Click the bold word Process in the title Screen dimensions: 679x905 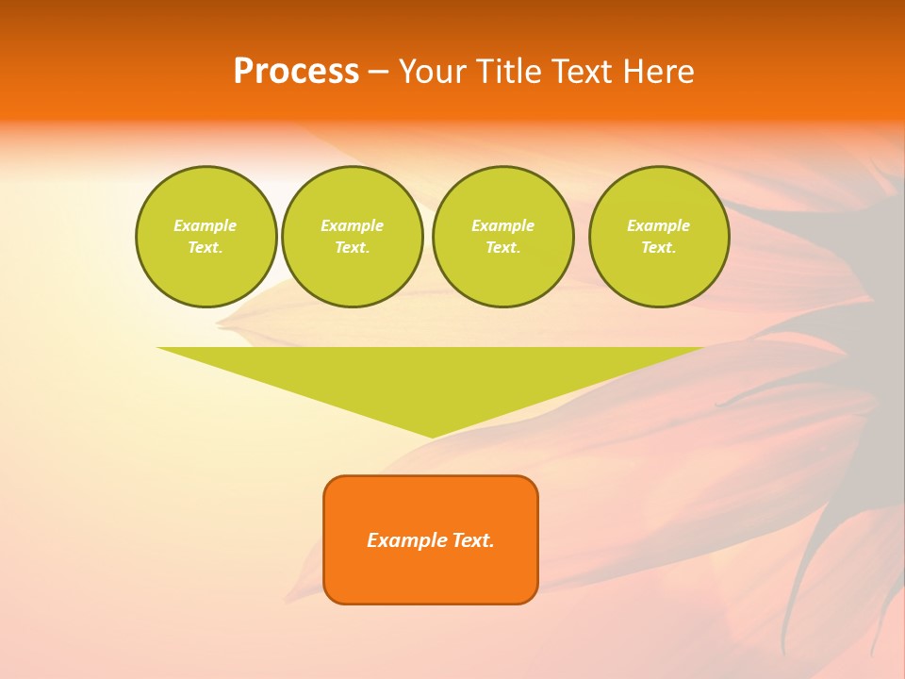[x=296, y=72]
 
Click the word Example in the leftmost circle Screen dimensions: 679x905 [x=206, y=225]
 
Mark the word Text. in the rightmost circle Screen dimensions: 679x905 [x=658, y=247]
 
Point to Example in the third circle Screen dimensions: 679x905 [x=502, y=225]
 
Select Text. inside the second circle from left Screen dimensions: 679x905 [x=352, y=247]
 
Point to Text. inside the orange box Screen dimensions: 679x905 [x=473, y=540]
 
